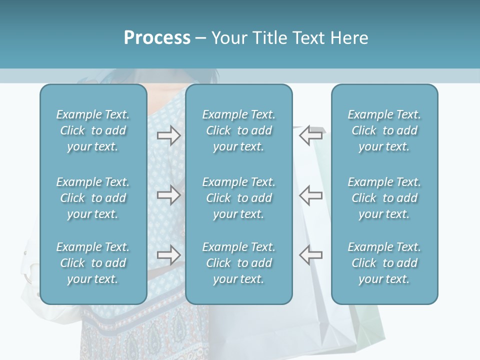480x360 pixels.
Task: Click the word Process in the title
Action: tap(157, 38)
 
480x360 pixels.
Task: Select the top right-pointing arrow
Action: tap(168, 135)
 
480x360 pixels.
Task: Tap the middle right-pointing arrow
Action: tap(168, 195)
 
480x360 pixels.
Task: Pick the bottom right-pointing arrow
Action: tap(168, 254)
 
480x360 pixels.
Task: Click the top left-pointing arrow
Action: tap(311, 135)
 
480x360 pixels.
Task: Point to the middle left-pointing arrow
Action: tap(311, 195)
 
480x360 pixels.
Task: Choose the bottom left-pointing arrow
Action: tap(311, 254)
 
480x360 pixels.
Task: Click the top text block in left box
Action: tap(93, 130)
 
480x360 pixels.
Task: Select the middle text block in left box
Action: tap(93, 198)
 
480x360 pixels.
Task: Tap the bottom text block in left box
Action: tap(93, 263)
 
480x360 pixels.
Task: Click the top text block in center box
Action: tap(238, 130)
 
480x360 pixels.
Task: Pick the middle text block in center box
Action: tap(238, 198)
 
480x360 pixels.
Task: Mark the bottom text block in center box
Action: tap(238, 263)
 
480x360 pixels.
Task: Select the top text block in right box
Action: tap(384, 130)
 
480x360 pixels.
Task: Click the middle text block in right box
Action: tap(384, 198)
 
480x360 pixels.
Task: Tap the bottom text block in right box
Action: tap(384, 263)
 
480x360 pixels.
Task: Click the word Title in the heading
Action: tap(270, 38)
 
